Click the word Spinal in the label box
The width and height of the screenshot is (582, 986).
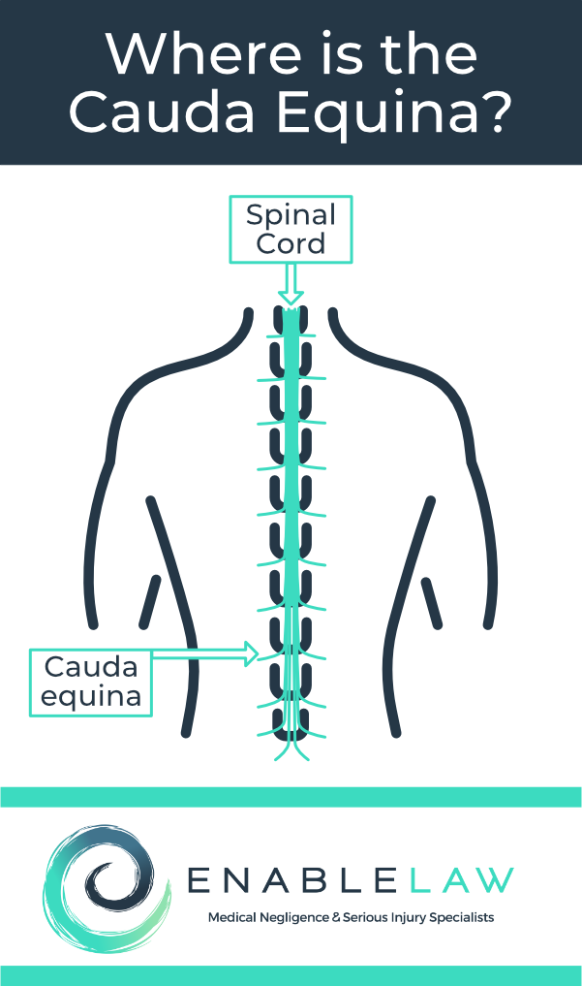pyautogui.click(x=291, y=215)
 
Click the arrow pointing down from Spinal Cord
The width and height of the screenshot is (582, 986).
pyautogui.click(x=291, y=285)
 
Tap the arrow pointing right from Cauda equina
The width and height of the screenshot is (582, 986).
pyautogui.click(x=208, y=655)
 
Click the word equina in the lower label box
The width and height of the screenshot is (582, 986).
pyautogui.click(x=92, y=695)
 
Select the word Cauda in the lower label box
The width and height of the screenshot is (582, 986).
pyautogui.click(x=92, y=667)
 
